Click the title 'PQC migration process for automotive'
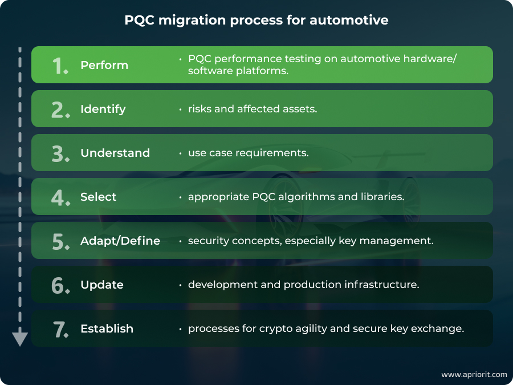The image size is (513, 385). pos(256,21)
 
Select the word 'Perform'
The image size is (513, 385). pos(104,65)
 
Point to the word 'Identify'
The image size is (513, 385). pos(103,109)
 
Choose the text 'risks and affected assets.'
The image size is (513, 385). pos(253,109)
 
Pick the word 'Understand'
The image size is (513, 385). pos(115,153)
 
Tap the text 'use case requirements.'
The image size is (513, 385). pos(249,153)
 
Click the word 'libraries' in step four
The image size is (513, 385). pos(381,197)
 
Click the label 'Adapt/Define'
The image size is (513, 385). pos(120,241)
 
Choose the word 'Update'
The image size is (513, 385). pos(102,285)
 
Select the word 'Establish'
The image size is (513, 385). pos(107,329)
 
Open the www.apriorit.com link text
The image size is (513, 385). pos(474,375)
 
